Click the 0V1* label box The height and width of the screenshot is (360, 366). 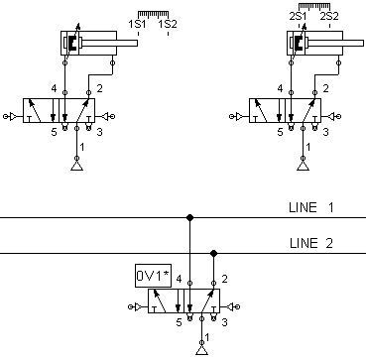click(154, 276)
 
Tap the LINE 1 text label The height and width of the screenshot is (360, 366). click(311, 207)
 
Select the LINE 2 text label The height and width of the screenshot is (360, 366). click(311, 243)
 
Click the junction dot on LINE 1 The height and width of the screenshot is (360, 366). click(189, 217)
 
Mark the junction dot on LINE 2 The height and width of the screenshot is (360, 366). click(213, 254)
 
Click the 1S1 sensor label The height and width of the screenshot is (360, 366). click(137, 24)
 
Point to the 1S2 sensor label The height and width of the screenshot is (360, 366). click(168, 24)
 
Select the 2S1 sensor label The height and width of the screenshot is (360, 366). click(298, 17)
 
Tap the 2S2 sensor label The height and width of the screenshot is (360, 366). click(329, 17)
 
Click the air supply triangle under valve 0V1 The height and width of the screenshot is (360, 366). click(201, 350)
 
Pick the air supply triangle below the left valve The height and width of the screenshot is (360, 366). click(76, 166)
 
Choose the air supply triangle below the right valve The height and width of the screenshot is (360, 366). click(303, 166)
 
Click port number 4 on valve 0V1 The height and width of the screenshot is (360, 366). click(179, 280)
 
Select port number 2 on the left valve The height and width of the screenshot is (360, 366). click(99, 88)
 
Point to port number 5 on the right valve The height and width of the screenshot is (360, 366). click(281, 132)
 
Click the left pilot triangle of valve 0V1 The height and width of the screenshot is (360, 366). click(138, 307)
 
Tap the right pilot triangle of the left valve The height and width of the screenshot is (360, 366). click(104, 116)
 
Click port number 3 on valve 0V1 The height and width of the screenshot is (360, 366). click(224, 323)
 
